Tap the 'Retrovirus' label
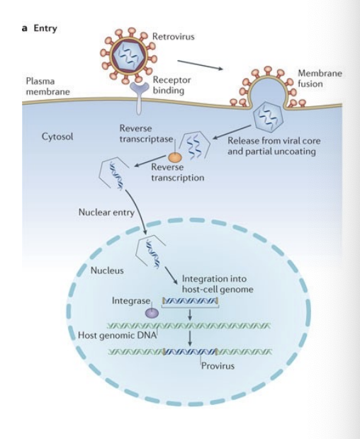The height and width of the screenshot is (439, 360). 174,36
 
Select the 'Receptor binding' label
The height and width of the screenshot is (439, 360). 172,86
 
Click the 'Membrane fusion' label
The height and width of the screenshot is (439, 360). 319,79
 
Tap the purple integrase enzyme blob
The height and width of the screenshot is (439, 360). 152,312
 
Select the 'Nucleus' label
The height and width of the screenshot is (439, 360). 107,270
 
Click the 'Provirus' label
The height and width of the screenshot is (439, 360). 217,366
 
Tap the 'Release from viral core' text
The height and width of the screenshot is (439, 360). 274,141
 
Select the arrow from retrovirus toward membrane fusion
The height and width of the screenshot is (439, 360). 198,64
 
